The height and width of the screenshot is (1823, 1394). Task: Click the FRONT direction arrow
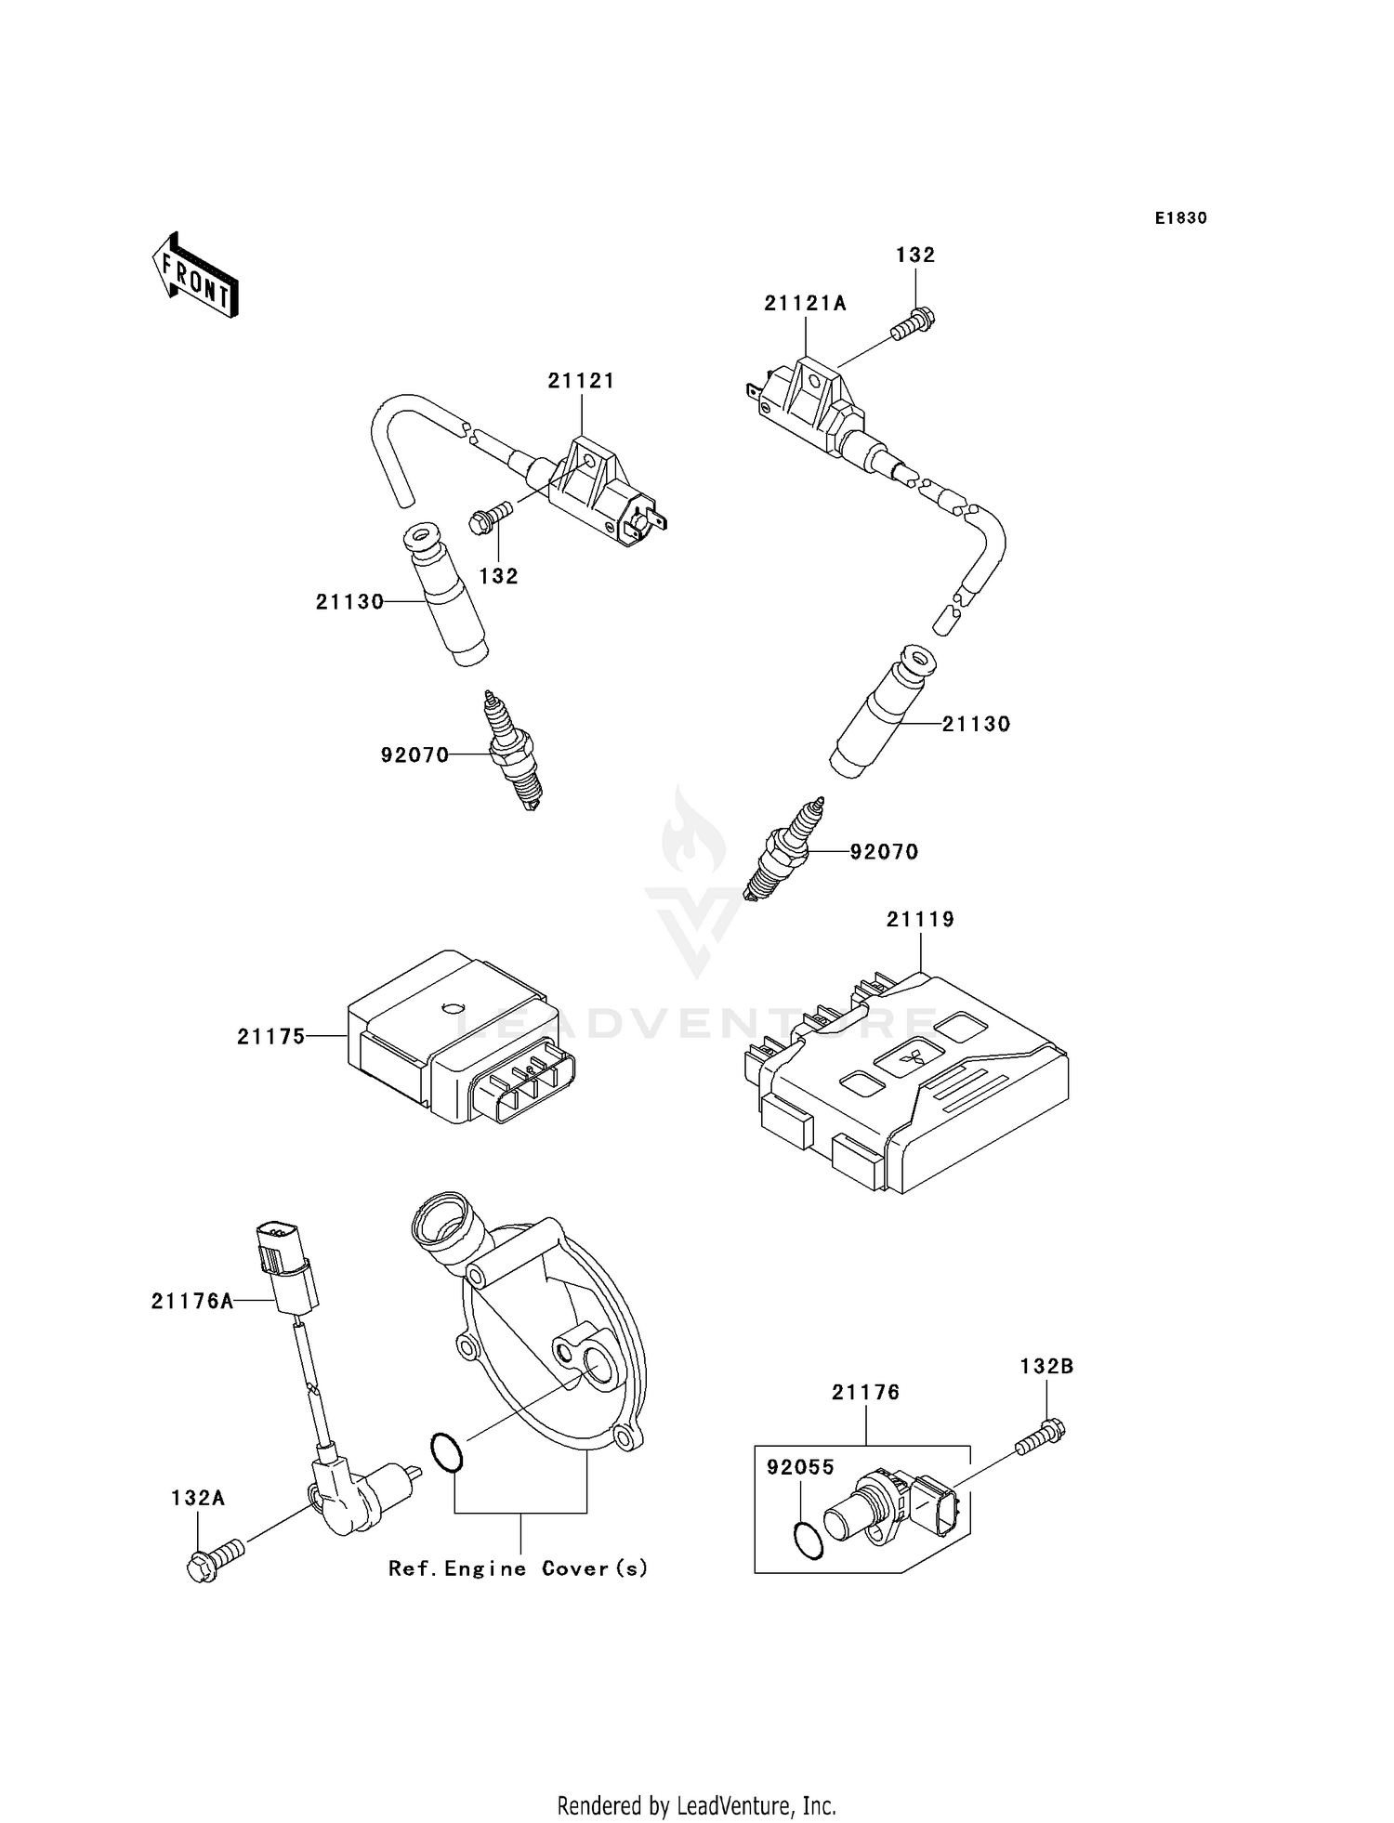pos(195,276)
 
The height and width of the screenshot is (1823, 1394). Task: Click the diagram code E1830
pos(1180,218)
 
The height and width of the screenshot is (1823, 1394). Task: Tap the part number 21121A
pos(805,303)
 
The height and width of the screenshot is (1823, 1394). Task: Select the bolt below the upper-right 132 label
pos(913,324)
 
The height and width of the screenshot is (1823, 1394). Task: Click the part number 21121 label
pos(581,381)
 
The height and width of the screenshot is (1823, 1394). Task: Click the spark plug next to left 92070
pos(512,753)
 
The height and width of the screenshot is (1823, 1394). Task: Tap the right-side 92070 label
pos(884,851)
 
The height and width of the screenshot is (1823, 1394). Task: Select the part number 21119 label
pos(920,919)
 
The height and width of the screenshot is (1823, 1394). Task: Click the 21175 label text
pos(270,1036)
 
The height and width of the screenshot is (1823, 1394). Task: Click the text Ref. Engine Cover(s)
pos(518,1568)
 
